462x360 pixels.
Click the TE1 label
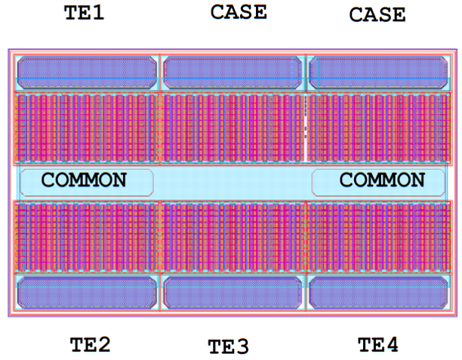[85, 13]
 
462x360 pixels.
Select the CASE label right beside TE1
[238, 11]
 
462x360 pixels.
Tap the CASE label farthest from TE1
[377, 14]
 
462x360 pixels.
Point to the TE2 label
[90, 345]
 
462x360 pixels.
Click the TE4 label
[377, 345]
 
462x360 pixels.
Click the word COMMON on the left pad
[84, 180]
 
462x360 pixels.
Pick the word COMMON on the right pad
[382, 180]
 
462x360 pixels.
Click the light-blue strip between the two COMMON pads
[233, 182]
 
